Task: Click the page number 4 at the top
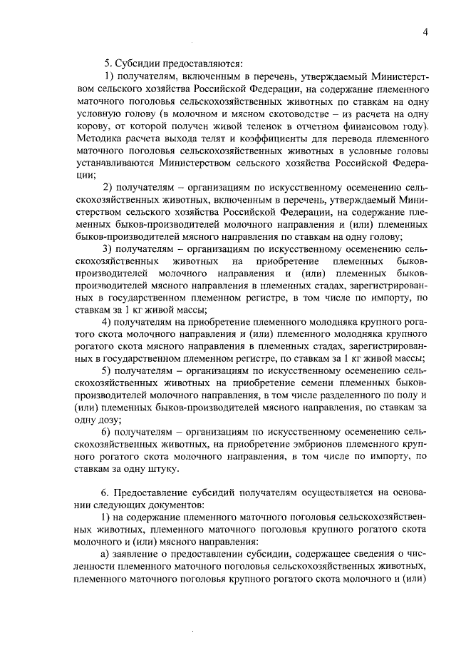[x=425, y=32]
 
